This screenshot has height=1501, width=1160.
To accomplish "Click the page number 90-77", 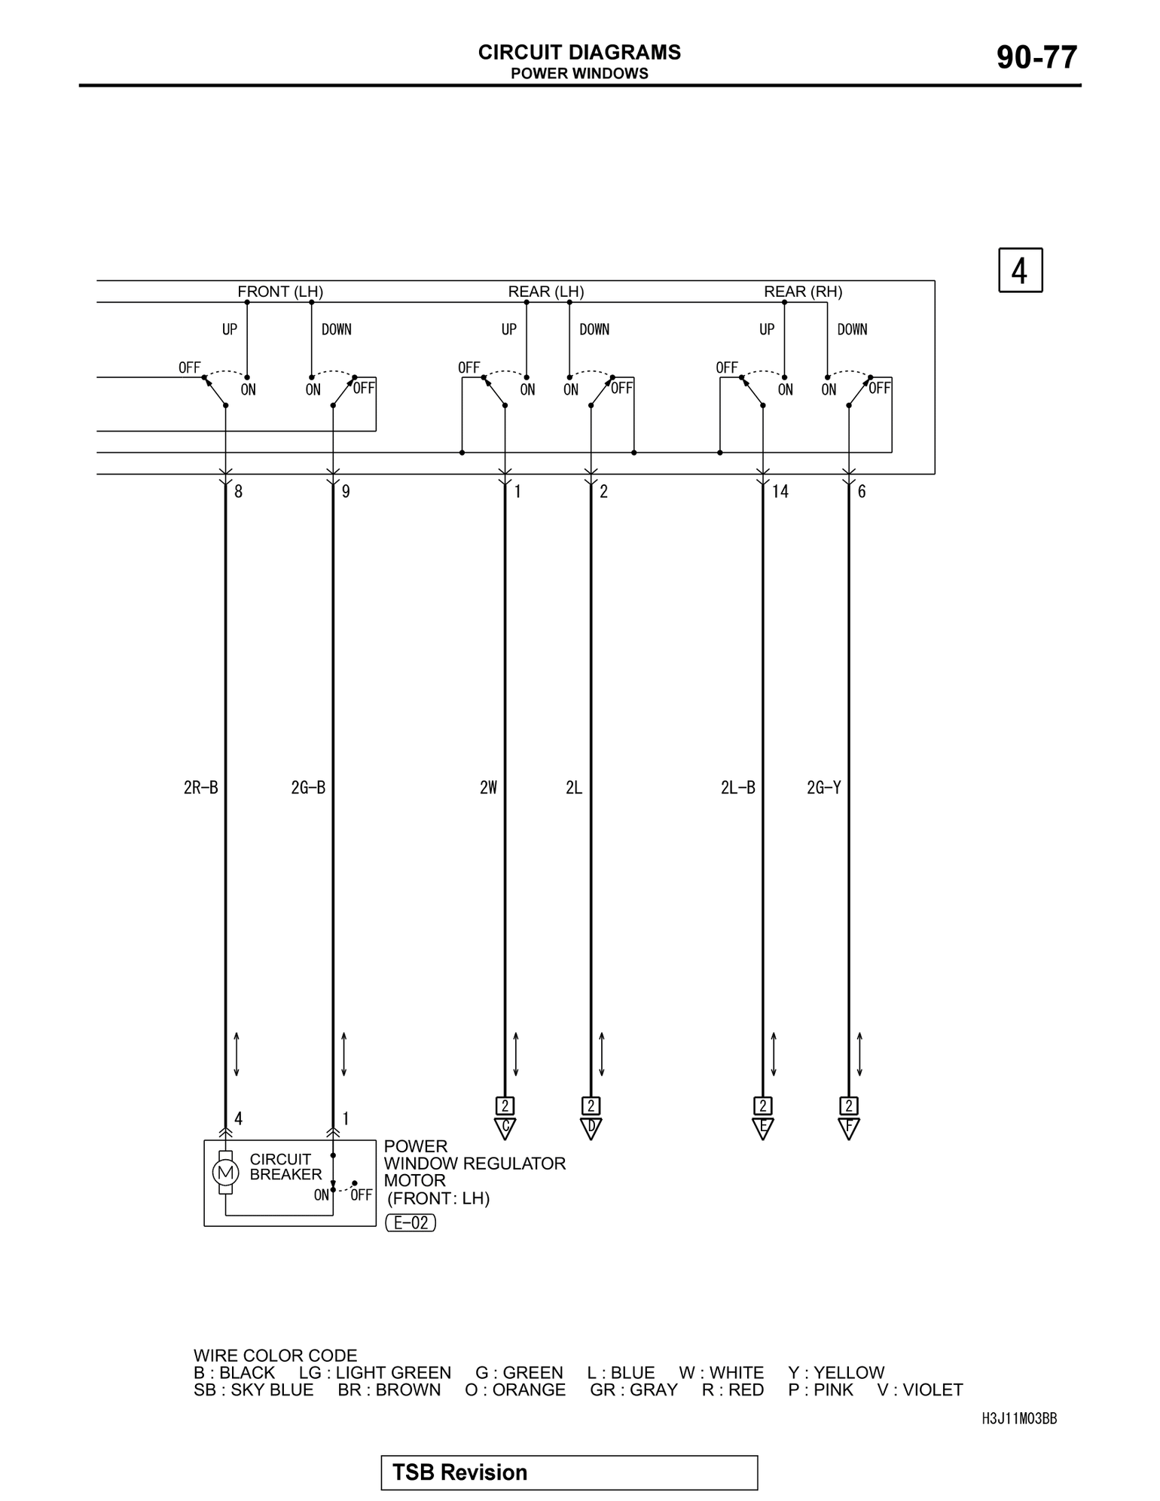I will point(1036,58).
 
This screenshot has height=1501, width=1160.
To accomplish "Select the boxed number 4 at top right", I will point(1020,270).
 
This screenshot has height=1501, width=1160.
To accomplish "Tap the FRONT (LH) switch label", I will point(280,291).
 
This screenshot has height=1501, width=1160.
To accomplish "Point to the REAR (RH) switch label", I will point(803,291).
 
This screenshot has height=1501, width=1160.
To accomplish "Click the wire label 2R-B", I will point(201,788).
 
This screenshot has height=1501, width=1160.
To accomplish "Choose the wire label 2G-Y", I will point(823,788).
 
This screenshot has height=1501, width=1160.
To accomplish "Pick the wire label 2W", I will point(488,788).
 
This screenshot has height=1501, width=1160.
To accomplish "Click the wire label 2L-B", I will point(737,788).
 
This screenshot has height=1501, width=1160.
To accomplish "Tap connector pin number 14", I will point(780,492).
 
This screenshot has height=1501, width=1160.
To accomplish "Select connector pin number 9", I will point(346,492).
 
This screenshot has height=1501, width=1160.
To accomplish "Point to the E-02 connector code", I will point(411,1223).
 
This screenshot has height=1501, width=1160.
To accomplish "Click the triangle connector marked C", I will point(505,1127).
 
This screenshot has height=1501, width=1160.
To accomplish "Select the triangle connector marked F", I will point(849,1127).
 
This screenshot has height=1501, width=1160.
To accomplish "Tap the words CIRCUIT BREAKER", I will point(285,1167).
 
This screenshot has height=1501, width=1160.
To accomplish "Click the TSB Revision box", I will point(569,1472).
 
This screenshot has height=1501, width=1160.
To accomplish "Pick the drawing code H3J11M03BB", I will point(1019,1419).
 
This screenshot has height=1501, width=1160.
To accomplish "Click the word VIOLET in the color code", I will point(933,1390).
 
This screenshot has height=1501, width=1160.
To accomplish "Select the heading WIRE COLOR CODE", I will point(275,1356).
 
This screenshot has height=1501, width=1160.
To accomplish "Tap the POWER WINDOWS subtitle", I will point(579,74).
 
